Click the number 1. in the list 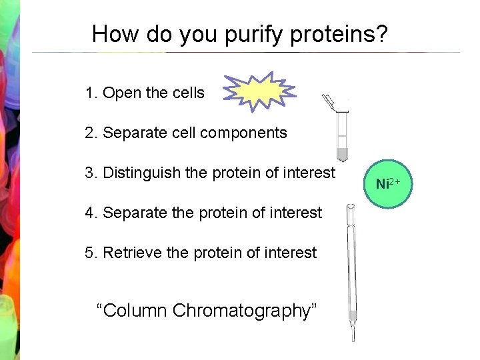tap(91, 93)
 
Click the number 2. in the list tap(91, 133)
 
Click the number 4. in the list tap(91, 213)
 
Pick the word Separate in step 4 tap(135, 213)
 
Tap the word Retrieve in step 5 tap(133, 253)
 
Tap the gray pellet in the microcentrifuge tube tap(342, 155)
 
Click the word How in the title tap(111, 34)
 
